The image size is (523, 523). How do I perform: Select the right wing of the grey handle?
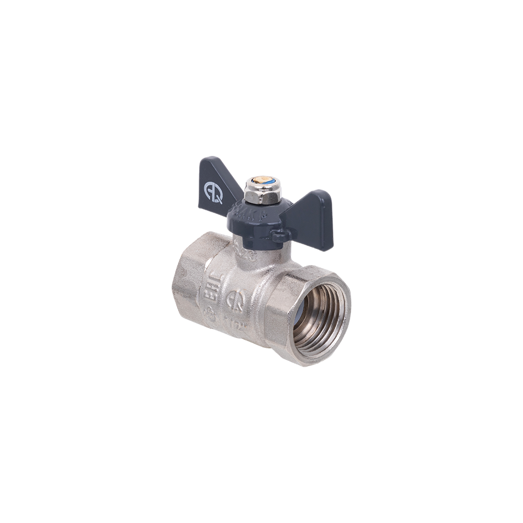click(312, 207)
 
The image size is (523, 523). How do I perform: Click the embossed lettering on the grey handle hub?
click(246, 213)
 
